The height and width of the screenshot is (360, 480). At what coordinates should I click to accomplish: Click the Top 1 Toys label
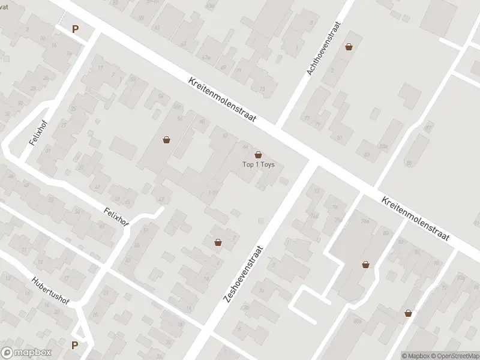[258, 165]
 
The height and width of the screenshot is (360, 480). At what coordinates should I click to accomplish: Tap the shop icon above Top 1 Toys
[259, 155]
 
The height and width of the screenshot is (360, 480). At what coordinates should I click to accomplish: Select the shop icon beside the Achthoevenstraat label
[349, 47]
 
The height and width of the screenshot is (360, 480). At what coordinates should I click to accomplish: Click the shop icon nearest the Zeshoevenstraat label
[218, 242]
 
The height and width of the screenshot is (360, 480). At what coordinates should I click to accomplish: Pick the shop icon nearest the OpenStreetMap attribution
[408, 313]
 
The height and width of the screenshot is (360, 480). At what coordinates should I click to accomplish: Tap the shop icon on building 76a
[365, 264]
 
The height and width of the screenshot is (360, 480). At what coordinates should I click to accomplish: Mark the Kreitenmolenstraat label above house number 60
[221, 100]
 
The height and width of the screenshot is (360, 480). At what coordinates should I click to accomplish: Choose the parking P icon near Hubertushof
[75, 345]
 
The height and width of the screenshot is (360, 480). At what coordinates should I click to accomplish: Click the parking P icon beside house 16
[75, 28]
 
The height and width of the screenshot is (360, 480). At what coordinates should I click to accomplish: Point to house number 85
[410, 163]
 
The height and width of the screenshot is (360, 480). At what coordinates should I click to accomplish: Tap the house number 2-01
[212, 192]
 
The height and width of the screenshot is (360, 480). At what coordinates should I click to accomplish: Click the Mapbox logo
[26, 353]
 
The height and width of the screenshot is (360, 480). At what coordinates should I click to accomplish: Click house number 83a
[383, 146]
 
